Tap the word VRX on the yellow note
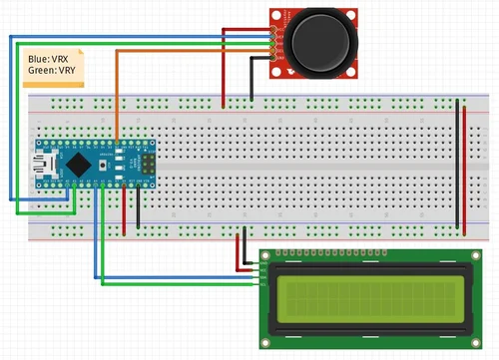(x=66, y=60)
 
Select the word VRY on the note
(x=70, y=71)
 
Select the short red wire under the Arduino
(x=125, y=209)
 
